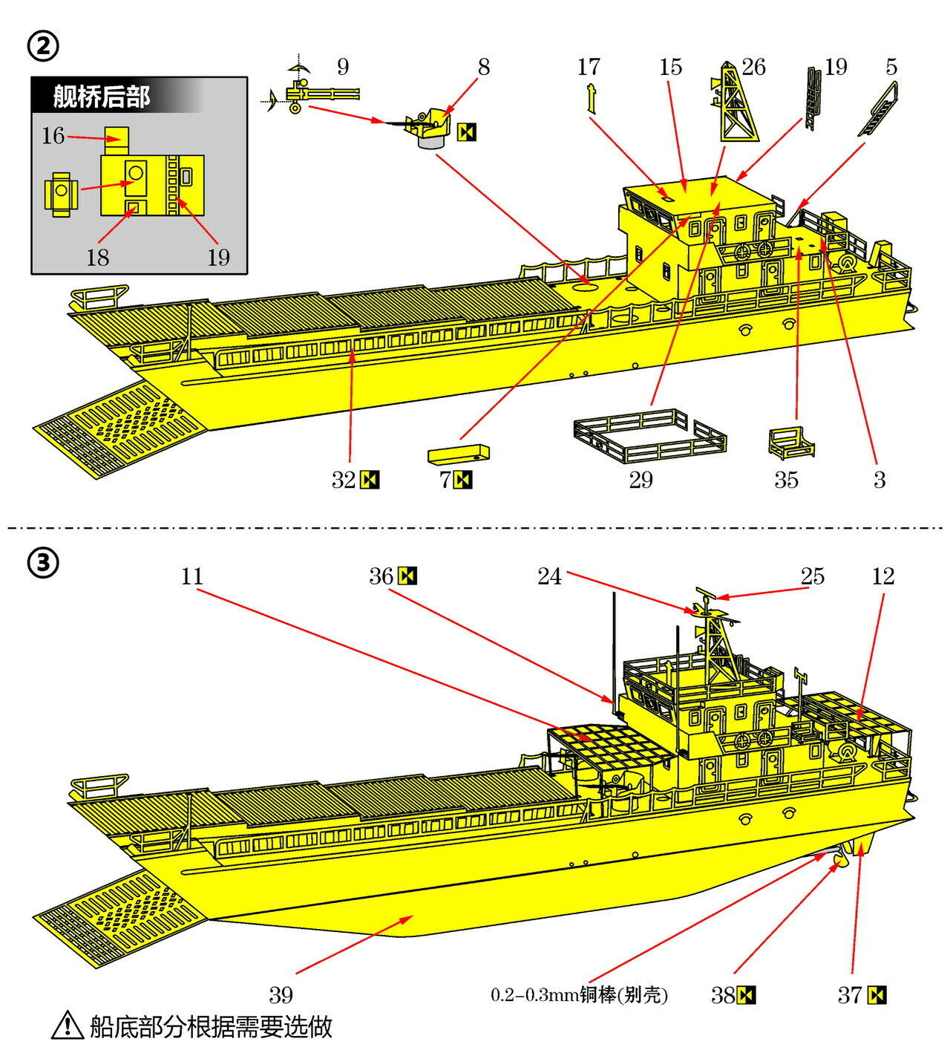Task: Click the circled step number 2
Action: pyautogui.click(x=42, y=46)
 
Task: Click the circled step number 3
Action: pyautogui.click(x=42, y=564)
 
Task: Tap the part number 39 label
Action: pyautogui.click(x=281, y=994)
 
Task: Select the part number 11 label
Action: pyautogui.click(x=191, y=576)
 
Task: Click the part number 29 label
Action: pyautogui.click(x=641, y=480)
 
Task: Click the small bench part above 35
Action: pyautogui.click(x=791, y=443)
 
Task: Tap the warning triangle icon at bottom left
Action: pyautogui.click(x=68, y=1025)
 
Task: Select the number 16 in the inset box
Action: pyautogui.click(x=53, y=136)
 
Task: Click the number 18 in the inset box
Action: pyautogui.click(x=97, y=257)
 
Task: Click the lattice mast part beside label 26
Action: pyautogui.click(x=738, y=104)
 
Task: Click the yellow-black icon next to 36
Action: pyautogui.click(x=407, y=576)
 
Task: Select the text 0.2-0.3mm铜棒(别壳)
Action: pyautogui.click(x=579, y=995)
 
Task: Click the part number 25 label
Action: pyautogui.click(x=812, y=576)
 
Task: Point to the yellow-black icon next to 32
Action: pyautogui.click(x=370, y=480)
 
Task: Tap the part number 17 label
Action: pyautogui.click(x=588, y=67)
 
